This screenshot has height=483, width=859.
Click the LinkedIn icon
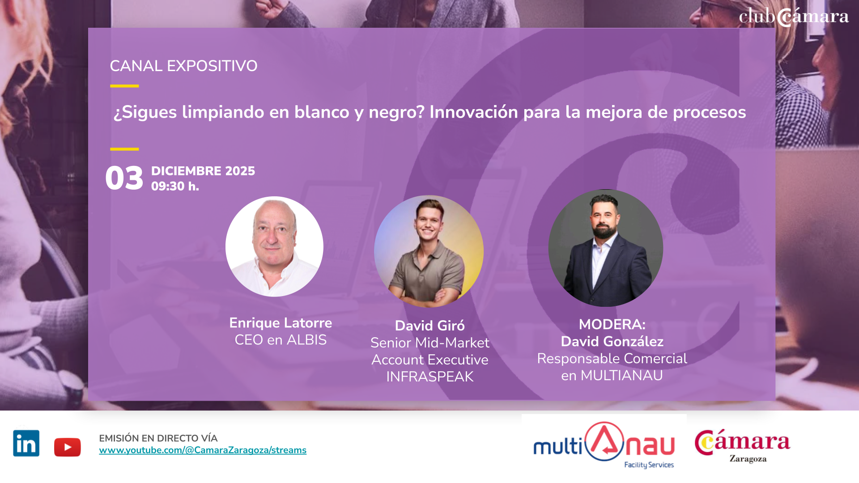tap(26, 443)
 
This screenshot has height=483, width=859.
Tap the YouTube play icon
tap(68, 447)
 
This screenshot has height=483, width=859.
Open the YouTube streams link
tap(203, 450)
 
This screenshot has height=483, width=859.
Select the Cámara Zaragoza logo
tap(743, 446)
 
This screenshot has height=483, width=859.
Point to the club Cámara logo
tap(794, 17)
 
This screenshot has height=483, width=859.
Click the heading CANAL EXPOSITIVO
tap(183, 66)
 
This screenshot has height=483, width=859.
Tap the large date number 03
tap(124, 178)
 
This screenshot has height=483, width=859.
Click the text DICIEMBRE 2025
tap(203, 171)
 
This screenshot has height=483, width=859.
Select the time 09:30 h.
tap(175, 186)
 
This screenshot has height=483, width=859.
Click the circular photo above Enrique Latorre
tap(274, 246)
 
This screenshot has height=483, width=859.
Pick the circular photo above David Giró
tap(429, 251)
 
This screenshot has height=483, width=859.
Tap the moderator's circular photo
tap(606, 248)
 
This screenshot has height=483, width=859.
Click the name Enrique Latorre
tap(281, 323)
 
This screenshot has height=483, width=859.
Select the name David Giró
tap(430, 326)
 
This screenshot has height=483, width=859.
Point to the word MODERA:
tap(612, 324)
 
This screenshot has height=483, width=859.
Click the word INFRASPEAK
tap(430, 377)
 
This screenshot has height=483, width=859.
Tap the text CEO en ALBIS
tap(281, 340)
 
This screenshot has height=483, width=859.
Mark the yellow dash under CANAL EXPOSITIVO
tap(124, 86)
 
